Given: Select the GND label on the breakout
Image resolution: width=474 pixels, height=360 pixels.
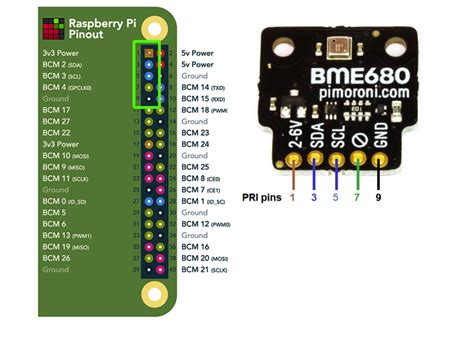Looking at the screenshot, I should coord(380,137).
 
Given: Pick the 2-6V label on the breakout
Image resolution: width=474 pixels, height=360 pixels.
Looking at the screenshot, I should coord(295,137).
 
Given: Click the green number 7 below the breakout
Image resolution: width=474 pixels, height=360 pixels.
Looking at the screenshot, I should coord(358,198).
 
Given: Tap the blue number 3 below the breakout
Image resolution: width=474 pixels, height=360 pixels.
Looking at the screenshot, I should coord(315,198).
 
